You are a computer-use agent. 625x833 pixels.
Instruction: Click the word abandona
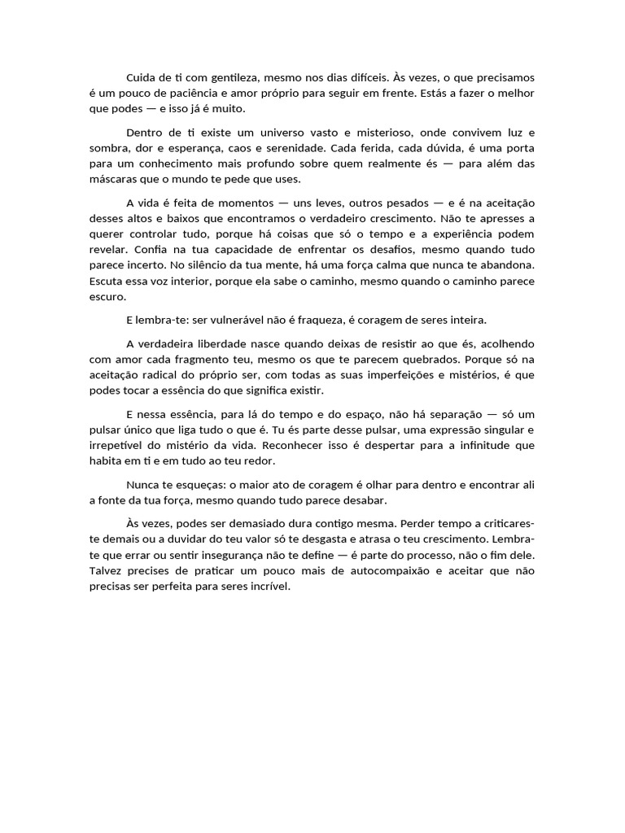(x=505, y=264)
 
